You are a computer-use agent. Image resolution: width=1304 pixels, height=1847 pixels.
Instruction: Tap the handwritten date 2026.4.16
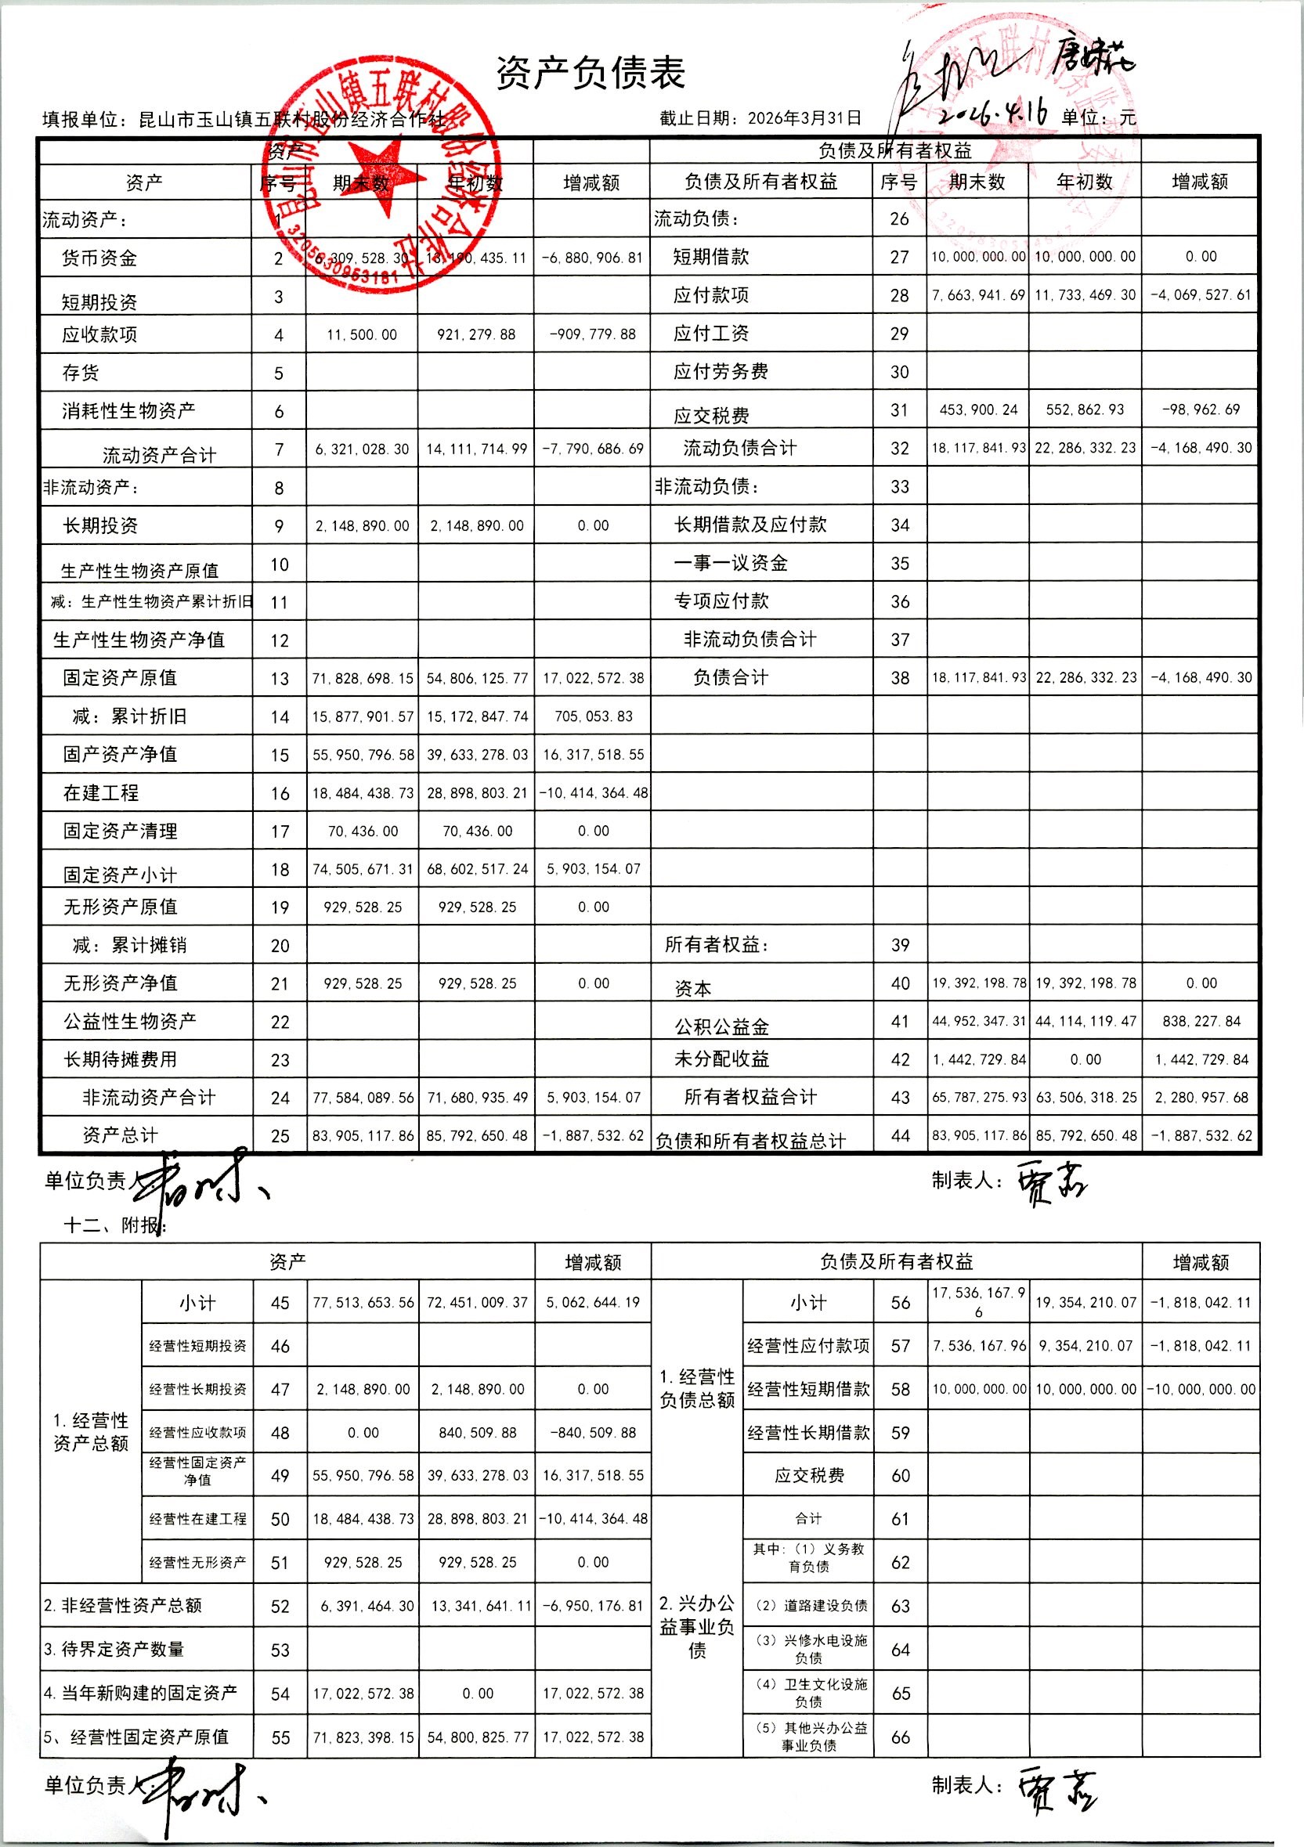point(995,113)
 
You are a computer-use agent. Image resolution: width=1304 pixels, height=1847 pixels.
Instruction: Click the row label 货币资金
point(99,258)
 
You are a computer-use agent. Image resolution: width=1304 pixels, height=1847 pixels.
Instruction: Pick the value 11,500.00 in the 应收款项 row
point(361,335)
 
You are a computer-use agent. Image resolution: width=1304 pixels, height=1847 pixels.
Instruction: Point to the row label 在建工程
point(101,793)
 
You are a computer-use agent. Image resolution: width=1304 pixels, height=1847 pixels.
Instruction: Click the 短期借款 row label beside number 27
point(711,257)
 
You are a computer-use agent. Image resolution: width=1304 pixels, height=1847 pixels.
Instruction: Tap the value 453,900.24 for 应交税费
point(978,410)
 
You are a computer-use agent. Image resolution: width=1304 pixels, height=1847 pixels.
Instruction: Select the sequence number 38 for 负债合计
point(899,678)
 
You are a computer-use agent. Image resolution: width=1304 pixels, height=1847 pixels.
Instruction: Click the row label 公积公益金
point(721,1026)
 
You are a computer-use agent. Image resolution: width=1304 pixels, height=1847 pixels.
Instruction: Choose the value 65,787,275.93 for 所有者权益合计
point(978,1098)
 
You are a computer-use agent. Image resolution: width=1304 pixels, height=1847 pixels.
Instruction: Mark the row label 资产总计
point(120,1135)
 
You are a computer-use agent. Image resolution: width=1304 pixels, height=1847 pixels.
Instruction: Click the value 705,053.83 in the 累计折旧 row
point(593,716)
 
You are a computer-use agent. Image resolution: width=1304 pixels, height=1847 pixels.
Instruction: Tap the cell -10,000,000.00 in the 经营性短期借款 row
point(1200,1389)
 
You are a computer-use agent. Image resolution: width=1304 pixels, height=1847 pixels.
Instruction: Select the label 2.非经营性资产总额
point(122,1606)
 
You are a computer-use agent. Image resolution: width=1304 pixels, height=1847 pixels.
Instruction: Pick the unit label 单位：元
point(1098,118)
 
